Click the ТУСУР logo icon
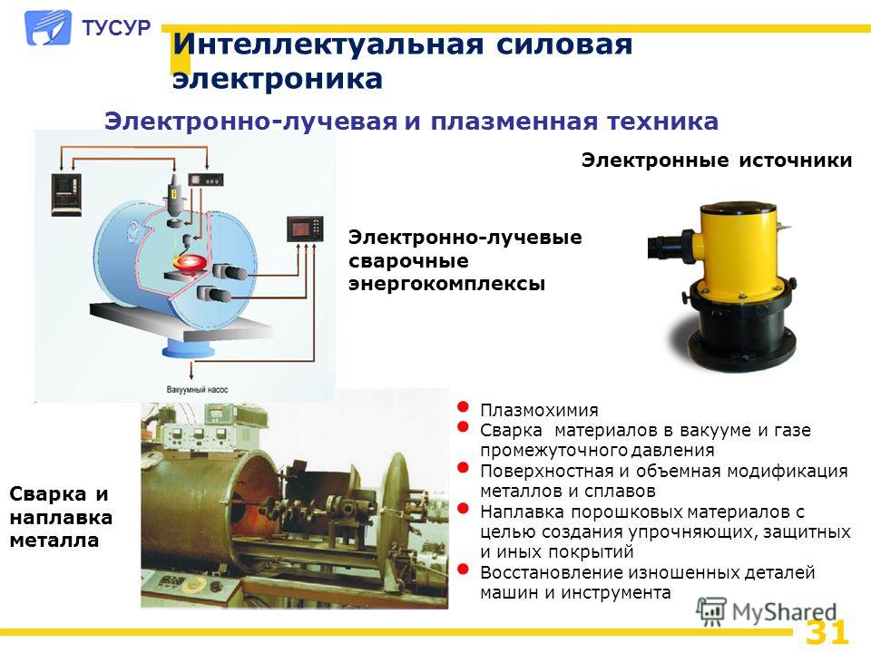[x=48, y=28]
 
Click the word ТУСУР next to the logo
[x=116, y=28]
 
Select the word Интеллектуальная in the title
[x=328, y=44]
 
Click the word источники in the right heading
[x=796, y=161]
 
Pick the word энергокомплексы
[x=446, y=284]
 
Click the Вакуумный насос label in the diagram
[x=197, y=390]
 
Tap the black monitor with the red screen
[x=305, y=229]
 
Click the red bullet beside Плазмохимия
[x=463, y=407]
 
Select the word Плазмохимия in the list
[x=539, y=410]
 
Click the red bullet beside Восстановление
[x=463, y=569]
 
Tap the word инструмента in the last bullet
[x=615, y=593]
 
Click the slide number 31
[x=827, y=632]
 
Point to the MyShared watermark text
[x=784, y=612]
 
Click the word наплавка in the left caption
[x=61, y=518]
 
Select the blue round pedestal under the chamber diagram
[x=189, y=350]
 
